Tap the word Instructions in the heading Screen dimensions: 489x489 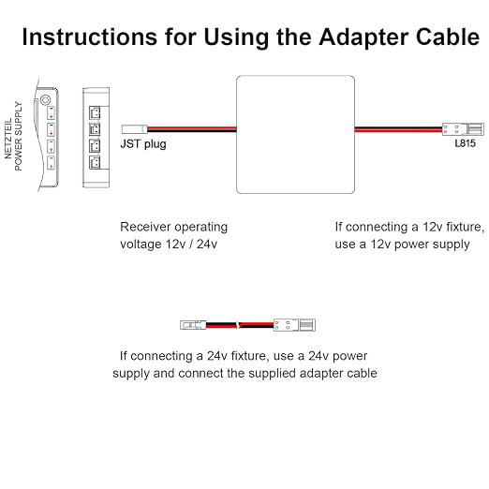click(90, 37)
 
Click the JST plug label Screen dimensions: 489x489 click(143, 144)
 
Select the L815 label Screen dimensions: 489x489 click(465, 143)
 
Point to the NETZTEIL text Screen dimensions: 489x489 click(8, 139)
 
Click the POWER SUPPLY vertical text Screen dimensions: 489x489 click(19, 137)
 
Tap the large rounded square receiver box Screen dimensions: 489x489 click(295, 135)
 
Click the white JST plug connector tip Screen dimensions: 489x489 click(134, 129)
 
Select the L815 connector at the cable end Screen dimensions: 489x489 click(463, 129)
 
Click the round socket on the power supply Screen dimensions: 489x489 click(45, 100)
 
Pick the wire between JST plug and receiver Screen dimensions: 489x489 click(192, 129)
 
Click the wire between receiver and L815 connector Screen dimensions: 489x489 click(398, 129)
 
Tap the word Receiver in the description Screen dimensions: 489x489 click(145, 227)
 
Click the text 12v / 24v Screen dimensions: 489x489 click(191, 244)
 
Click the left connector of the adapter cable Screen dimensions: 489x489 click(193, 325)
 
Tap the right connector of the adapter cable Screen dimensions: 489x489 click(294, 325)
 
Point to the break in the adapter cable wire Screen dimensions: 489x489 click(239, 325)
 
